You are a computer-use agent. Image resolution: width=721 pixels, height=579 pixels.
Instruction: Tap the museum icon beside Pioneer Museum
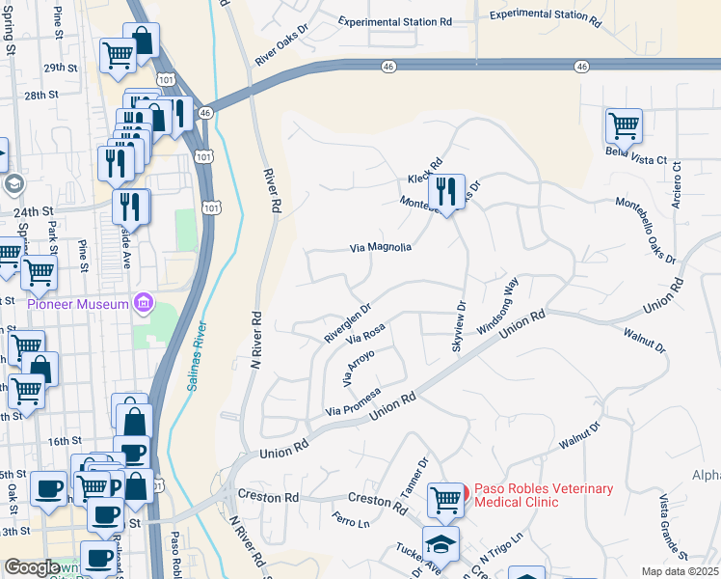(144, 304)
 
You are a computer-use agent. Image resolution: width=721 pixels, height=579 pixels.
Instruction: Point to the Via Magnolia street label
(380, 248)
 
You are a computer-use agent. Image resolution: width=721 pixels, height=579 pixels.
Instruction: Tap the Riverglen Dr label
(348, 324)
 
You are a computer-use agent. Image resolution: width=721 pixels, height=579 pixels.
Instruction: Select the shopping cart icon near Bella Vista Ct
(624, 125)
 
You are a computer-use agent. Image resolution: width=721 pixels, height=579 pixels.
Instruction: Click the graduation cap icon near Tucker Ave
(441, 543)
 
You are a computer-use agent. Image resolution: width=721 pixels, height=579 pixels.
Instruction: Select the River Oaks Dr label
(282, 52)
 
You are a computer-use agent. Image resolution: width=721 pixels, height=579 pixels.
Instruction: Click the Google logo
(31, 567)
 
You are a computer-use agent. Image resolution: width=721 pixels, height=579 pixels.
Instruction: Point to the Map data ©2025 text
(680, 571)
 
